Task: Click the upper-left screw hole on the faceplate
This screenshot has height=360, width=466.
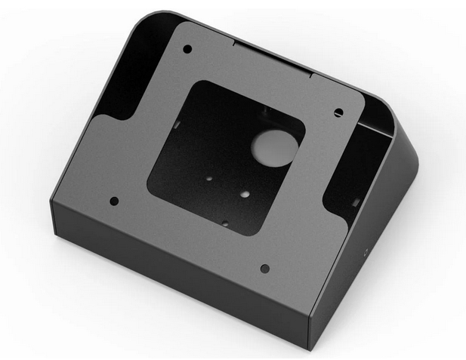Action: point(187,49)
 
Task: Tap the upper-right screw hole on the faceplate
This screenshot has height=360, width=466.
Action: point(338,112)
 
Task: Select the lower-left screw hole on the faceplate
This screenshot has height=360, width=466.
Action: point(114,202)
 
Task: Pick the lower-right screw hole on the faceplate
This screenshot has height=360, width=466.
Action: point(264,268)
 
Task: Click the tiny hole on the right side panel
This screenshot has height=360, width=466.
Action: point(366,248)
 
